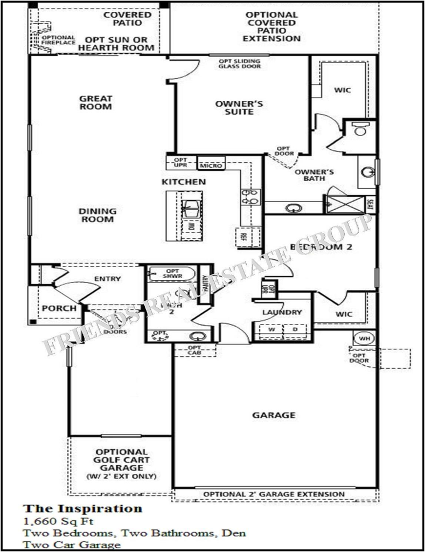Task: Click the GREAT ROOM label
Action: (96, 102)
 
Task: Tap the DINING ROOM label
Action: (97, 215)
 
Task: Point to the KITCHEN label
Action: (184, 182)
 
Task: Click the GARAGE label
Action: (274, 415)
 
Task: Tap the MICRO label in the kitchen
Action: (210, 165)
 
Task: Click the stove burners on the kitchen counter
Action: (251, 196)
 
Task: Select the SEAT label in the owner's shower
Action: (370, 204)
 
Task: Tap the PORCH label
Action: (55, 309)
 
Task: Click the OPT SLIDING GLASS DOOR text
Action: (240, 64)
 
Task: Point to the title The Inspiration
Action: (82, 508)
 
